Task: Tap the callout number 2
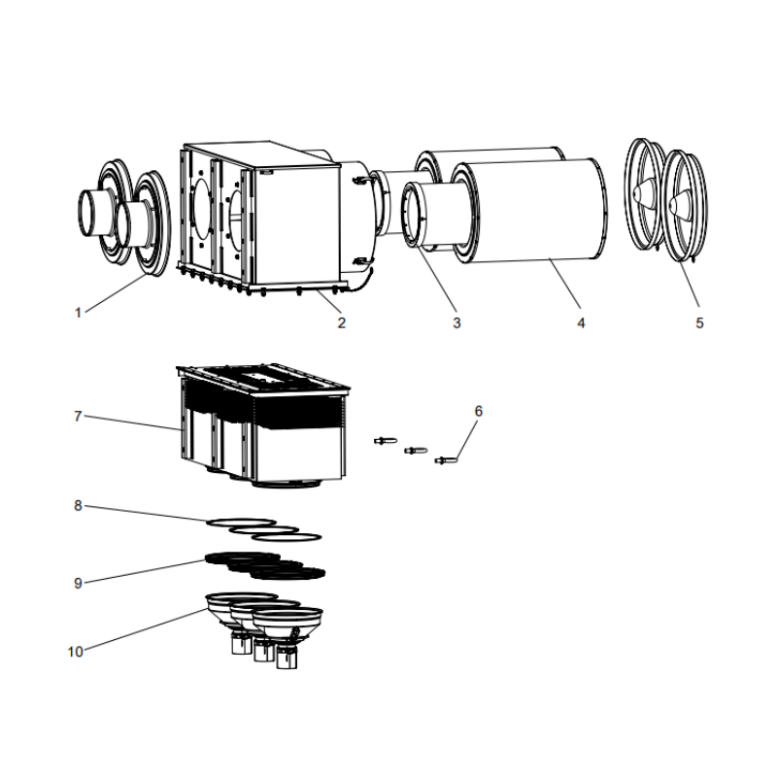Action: (342, 323)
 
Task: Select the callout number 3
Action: (456, 323)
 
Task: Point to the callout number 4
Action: (581, 323)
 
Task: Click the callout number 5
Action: (699, 323)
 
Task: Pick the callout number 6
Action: (478, 411)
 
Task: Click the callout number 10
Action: (76, 652)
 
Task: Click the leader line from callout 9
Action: (146, 570)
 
